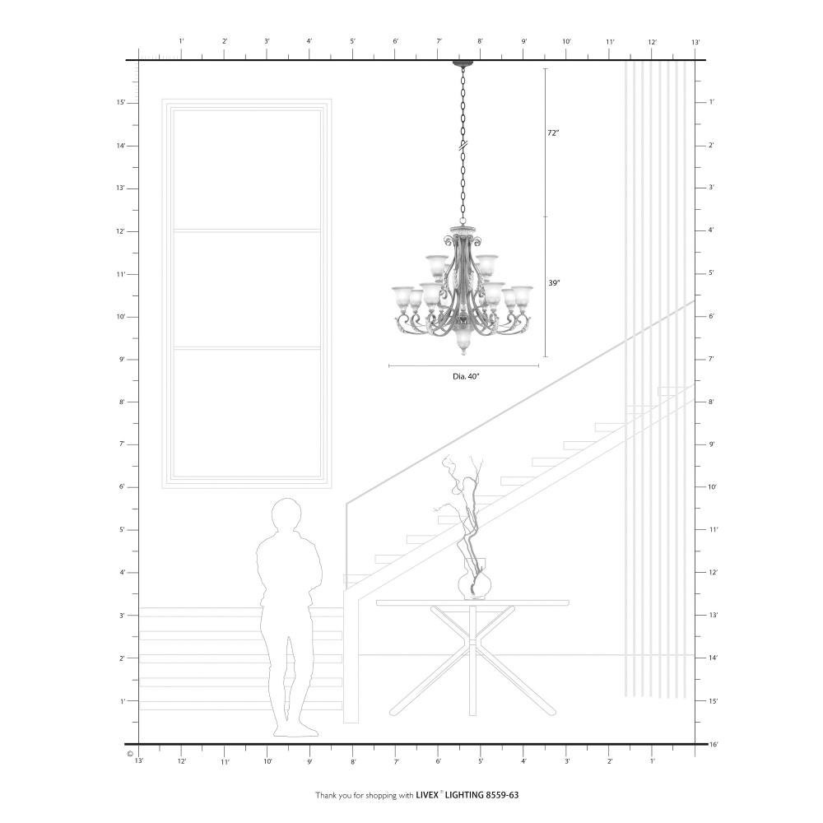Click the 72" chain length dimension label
coord(553,133)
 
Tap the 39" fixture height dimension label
coord(554,283)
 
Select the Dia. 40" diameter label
coord(466,376)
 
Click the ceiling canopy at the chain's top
coord(463,63)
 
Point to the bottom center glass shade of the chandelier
coord(463,342)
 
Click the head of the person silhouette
coord(286,514)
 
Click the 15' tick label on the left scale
coord(121,102)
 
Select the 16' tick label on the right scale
coord(714,744)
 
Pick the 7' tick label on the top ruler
coord(439,41)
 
